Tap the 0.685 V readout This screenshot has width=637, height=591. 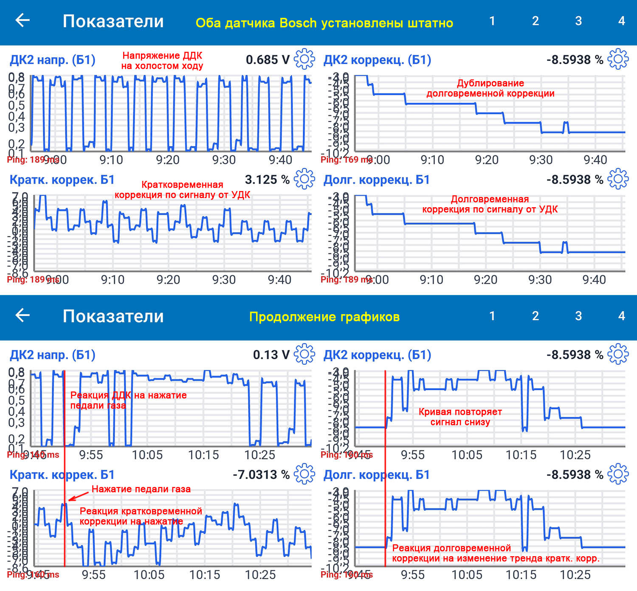(x=268, y=60)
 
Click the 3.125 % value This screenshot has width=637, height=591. (x=267, y=180)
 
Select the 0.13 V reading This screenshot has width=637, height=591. (x=271, y=355)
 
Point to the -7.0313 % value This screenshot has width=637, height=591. (x=261, y=475)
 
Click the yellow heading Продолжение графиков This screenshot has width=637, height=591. (x=324, y=317)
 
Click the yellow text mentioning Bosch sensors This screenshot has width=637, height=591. (x=324, y=23)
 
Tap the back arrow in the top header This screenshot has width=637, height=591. (x=23, y=20)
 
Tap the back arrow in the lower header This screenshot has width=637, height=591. (x=23, y=315)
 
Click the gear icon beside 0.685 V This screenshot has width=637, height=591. (x=304, y=59)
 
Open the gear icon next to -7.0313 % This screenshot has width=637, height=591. (x=304, y=474)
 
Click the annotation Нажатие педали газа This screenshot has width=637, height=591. (x=141, y=489)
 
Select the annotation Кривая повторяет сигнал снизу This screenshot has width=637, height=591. (x=460, y=417)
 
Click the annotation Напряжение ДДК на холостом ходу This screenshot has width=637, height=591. (x=162, y=61)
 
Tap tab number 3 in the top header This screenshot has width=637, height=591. (x=578, y=21)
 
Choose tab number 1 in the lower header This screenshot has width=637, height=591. (x=492, y=316)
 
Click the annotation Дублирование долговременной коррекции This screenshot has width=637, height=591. (x=490, y=88)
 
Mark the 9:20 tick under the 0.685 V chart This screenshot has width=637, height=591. (x=168, y=160)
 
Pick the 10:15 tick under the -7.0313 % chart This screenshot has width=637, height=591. (x=205, y=575)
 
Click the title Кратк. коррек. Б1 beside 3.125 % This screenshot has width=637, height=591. (x=62, y=180)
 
